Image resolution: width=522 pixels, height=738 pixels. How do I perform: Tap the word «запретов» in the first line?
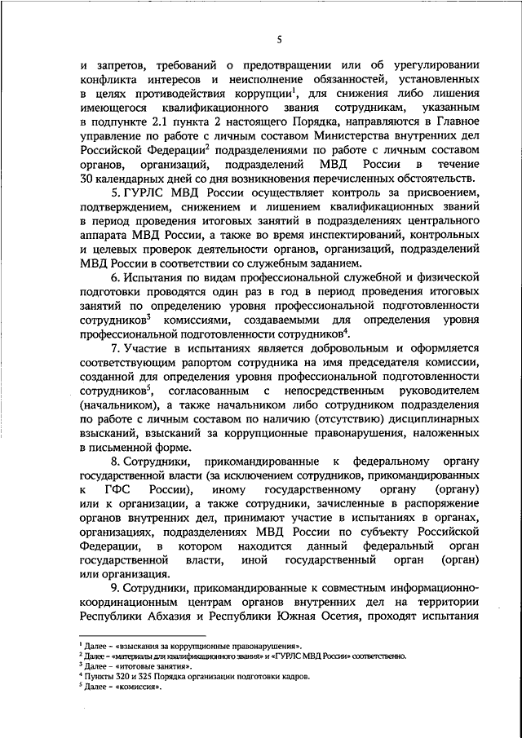(x=122, y=64)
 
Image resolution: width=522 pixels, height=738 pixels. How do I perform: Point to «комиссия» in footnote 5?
(x=140, y=687)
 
